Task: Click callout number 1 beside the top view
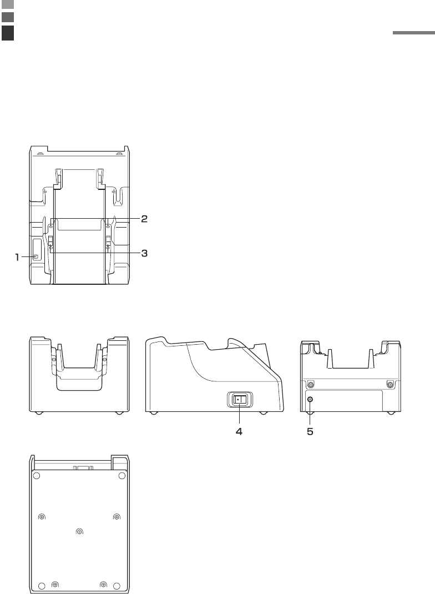point(17,258)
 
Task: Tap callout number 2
point(144,219)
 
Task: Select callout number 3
point(144,253)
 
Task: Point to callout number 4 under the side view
point(239,431)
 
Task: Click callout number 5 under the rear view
point(310,431)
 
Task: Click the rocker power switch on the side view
point(239,400)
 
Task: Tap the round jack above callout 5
point(310,399)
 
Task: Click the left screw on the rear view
point(311,385)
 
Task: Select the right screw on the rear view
point(389,385)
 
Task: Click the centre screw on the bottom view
point(79,531)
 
